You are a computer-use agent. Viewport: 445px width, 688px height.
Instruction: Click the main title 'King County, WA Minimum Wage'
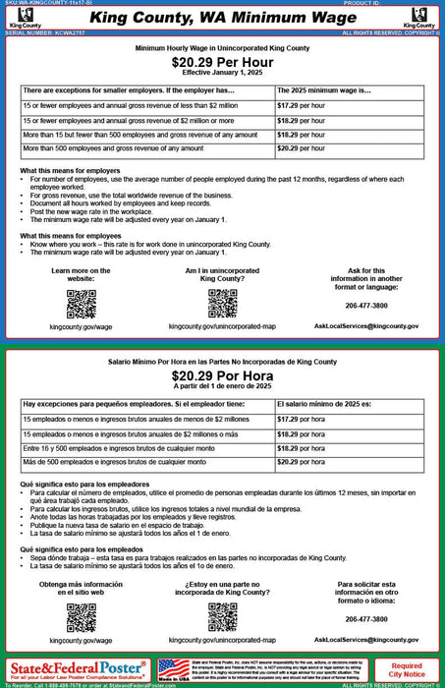[x=222, y=18]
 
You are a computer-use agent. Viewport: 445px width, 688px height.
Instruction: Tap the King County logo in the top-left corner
[x=20, y=18]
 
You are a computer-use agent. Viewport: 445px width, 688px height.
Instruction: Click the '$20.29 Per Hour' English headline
[x=222, y=62]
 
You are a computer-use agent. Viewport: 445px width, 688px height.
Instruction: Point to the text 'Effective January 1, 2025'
[x=222, y=74]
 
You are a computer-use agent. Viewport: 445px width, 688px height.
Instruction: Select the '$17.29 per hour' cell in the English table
[x=301, y=104]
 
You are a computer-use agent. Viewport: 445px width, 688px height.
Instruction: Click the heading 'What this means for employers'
[x=71, y=170]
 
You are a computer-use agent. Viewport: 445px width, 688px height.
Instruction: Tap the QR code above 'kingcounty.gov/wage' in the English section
[x=81, y=304]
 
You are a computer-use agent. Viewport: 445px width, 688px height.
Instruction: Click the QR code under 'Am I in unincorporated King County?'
[x=222, y=304]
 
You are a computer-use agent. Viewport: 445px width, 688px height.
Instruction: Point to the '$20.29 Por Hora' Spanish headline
[x=222, y=375]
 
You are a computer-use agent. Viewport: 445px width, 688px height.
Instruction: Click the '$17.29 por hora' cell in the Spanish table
[x=302, y=420]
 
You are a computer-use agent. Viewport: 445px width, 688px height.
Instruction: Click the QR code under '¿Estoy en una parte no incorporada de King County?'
[x=222, y=617]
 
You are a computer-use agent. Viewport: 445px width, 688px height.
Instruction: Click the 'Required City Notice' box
[x=407, y=669]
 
